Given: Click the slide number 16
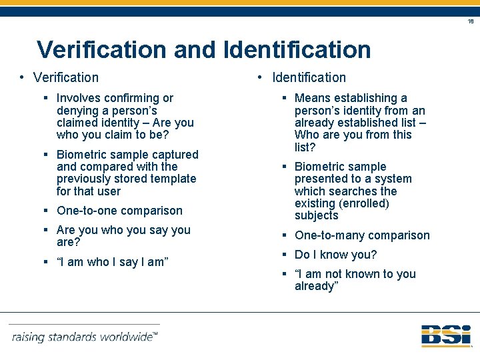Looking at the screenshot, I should click(x=471, y=21).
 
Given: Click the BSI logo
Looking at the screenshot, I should click(x=445, y=335).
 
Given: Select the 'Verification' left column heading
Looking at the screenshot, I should click(x=66, y=78).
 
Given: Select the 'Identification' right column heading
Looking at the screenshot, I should click(x=309, y=78).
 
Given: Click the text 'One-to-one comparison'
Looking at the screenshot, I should click(x=119, y=211).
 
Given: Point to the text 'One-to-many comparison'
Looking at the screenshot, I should click(x=362, y=235).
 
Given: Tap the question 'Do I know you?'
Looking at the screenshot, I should click(x=335, y=255).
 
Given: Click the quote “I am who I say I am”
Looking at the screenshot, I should click(x=112, y=262).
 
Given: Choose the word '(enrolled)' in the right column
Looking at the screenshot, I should click(x=364, y=203).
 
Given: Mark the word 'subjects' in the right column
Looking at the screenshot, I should click(x=317, y=215).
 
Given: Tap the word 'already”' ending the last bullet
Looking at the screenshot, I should click(x=317, y=286).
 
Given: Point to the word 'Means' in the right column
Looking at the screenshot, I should click(x=312, y=98).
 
